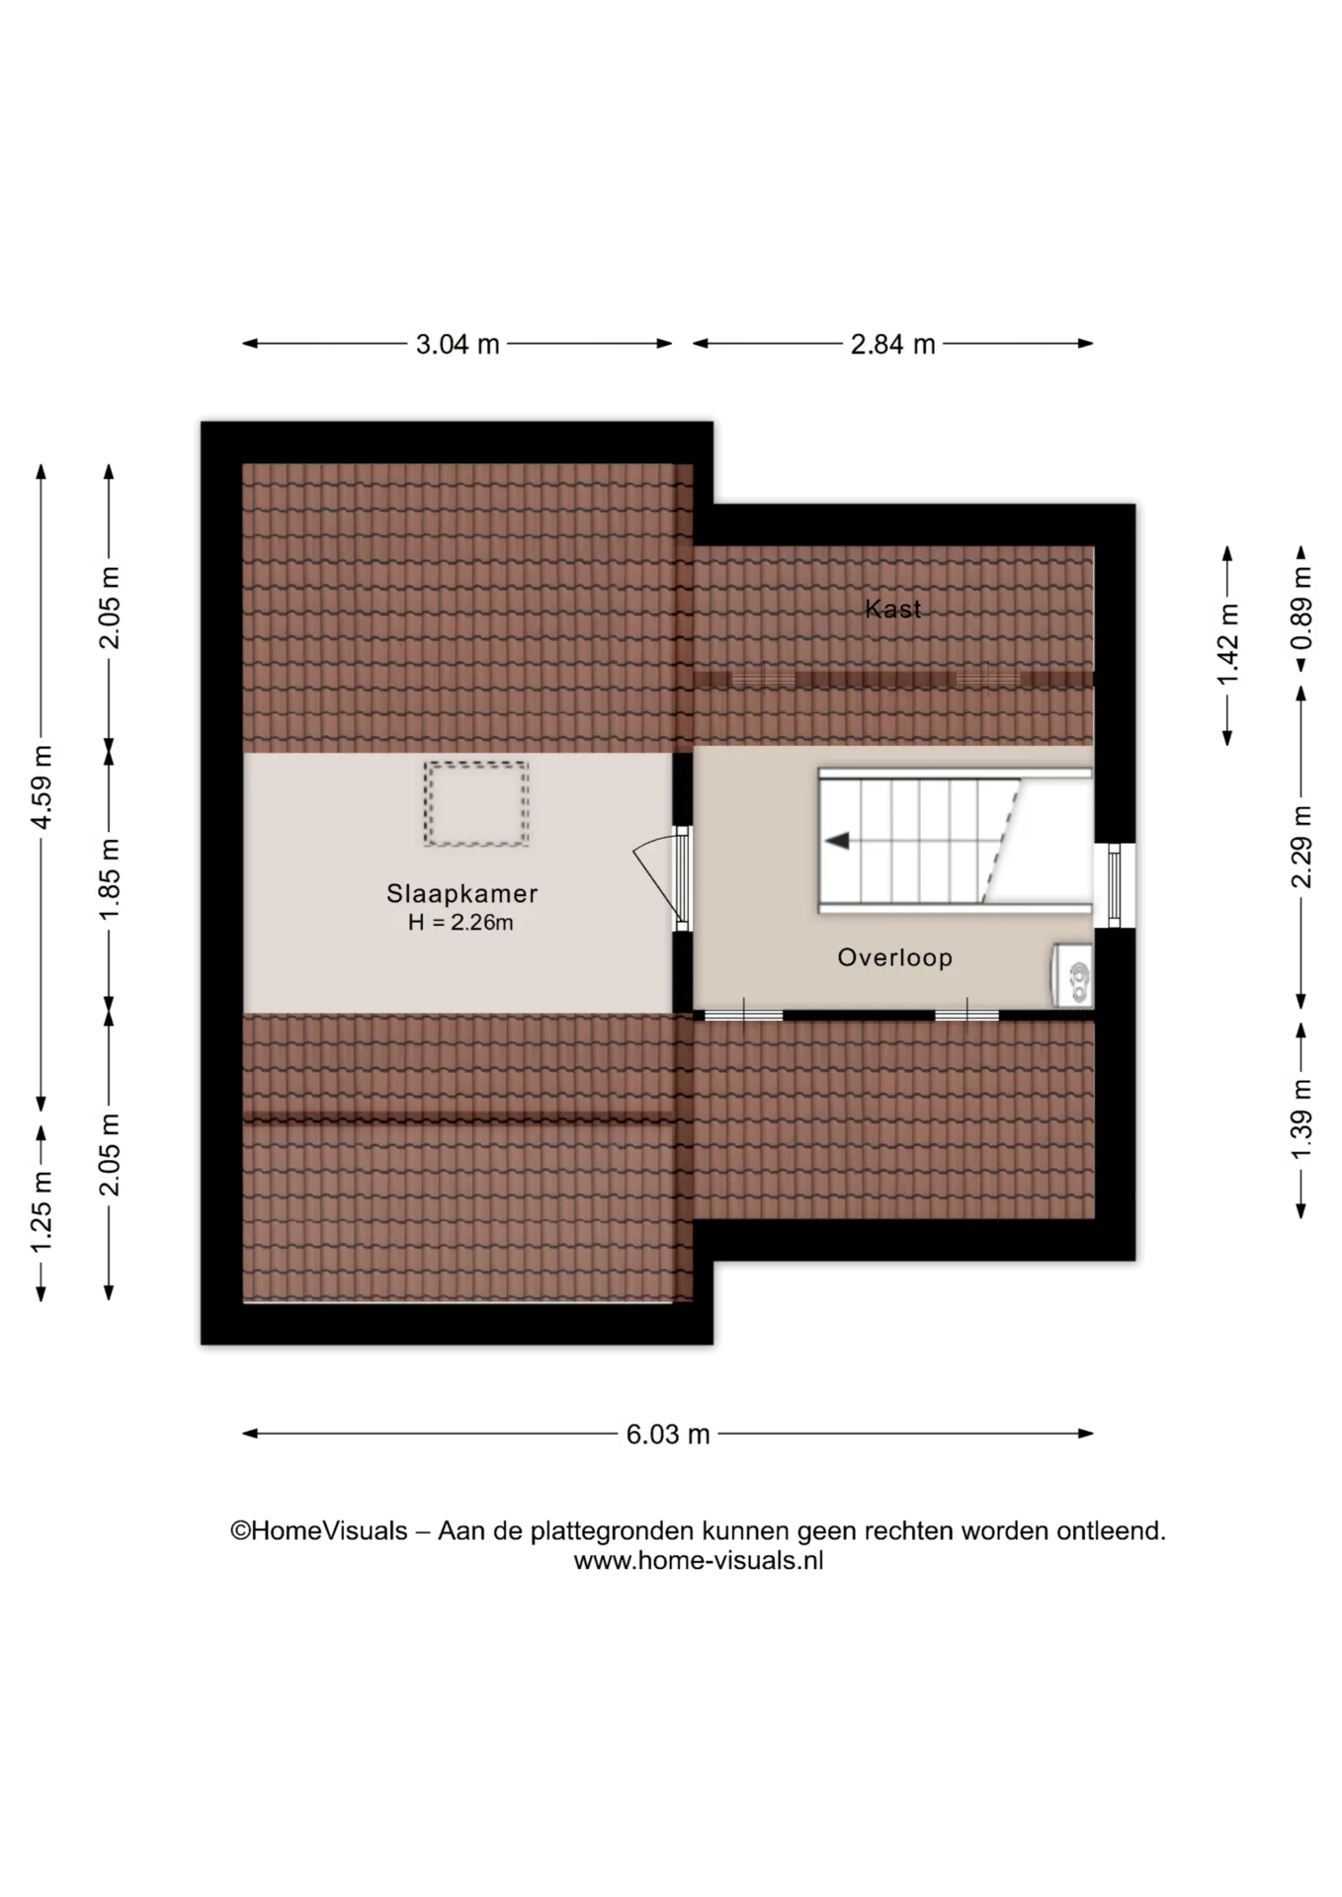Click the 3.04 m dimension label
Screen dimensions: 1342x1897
click(458, 345)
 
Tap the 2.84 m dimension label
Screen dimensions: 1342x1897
click(892, 345)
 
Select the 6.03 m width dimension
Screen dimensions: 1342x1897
click(668, 1435)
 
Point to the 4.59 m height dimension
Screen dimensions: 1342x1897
click(42, 787)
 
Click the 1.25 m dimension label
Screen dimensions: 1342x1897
click(42, 1211)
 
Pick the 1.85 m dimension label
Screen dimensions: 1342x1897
click(110, 879)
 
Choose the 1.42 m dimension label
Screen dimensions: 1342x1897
click(1228, 644)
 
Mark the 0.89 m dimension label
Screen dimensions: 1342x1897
click(1302, 609)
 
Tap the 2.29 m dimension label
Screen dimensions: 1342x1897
click(1302, 847)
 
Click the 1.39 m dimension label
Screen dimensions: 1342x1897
click(1302, 1119)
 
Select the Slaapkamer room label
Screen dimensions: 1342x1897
click(461, 894)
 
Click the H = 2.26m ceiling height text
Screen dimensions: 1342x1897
click(461, 923)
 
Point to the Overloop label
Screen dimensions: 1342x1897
click(895, 957)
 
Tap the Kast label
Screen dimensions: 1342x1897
click(893, 609)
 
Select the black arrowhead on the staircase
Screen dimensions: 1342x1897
click(838, 841)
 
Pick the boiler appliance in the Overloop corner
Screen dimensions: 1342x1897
click(1072, 975)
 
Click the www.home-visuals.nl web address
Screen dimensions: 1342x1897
click(699, 1561)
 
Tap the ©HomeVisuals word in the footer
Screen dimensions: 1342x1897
click(319, 1531)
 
